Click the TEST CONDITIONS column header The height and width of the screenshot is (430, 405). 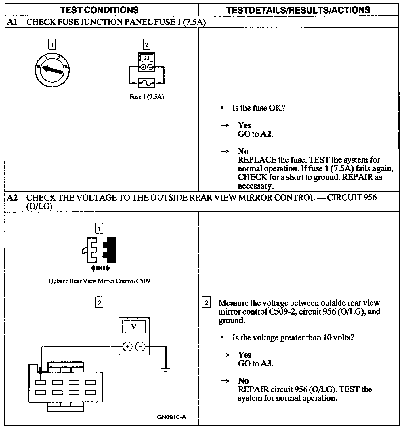click(99, 10)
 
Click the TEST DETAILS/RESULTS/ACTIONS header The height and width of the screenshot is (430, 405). click(298, 10)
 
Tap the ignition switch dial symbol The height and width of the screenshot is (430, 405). click(52, 70)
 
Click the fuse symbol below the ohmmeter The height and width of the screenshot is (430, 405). click(146, 83)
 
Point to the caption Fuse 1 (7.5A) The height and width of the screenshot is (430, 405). click(146, 97)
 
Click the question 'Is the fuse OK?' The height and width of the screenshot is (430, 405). click(258, 108)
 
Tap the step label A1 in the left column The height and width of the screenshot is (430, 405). click(12, 22)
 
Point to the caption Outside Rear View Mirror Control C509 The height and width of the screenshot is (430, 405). click(99, 281)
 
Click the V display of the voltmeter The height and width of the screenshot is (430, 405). click(133, 327)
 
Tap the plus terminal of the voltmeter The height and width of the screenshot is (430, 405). click(127, 347)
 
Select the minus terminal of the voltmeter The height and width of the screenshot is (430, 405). click(140, 347)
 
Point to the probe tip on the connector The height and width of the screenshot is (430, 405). click(41, 371)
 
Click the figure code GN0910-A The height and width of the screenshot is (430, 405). click(171, 417)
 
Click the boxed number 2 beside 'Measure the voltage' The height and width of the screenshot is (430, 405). click(206, 303)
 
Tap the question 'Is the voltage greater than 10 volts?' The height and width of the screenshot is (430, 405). click(293, 338)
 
